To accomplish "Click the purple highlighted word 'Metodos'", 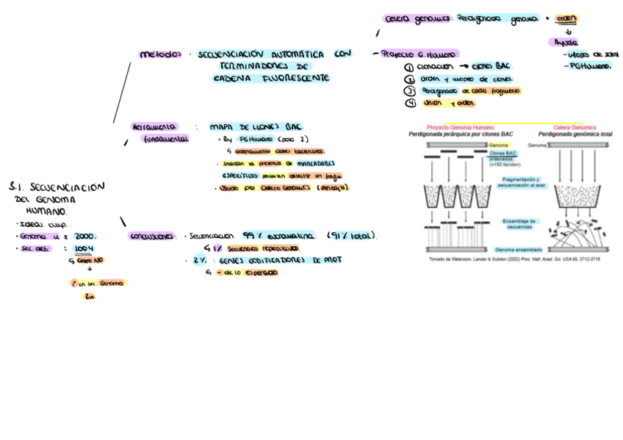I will (161, 54).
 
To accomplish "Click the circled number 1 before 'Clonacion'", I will (409, 66).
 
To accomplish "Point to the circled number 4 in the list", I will (410, 103).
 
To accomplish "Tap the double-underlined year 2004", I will (84, 249).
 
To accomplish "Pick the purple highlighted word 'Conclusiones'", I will (152, 237).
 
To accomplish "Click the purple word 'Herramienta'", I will (154, 126).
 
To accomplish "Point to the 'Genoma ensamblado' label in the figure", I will (518, 250).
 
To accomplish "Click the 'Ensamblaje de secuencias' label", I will (521, 223).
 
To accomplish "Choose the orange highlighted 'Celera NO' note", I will (90, 261).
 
